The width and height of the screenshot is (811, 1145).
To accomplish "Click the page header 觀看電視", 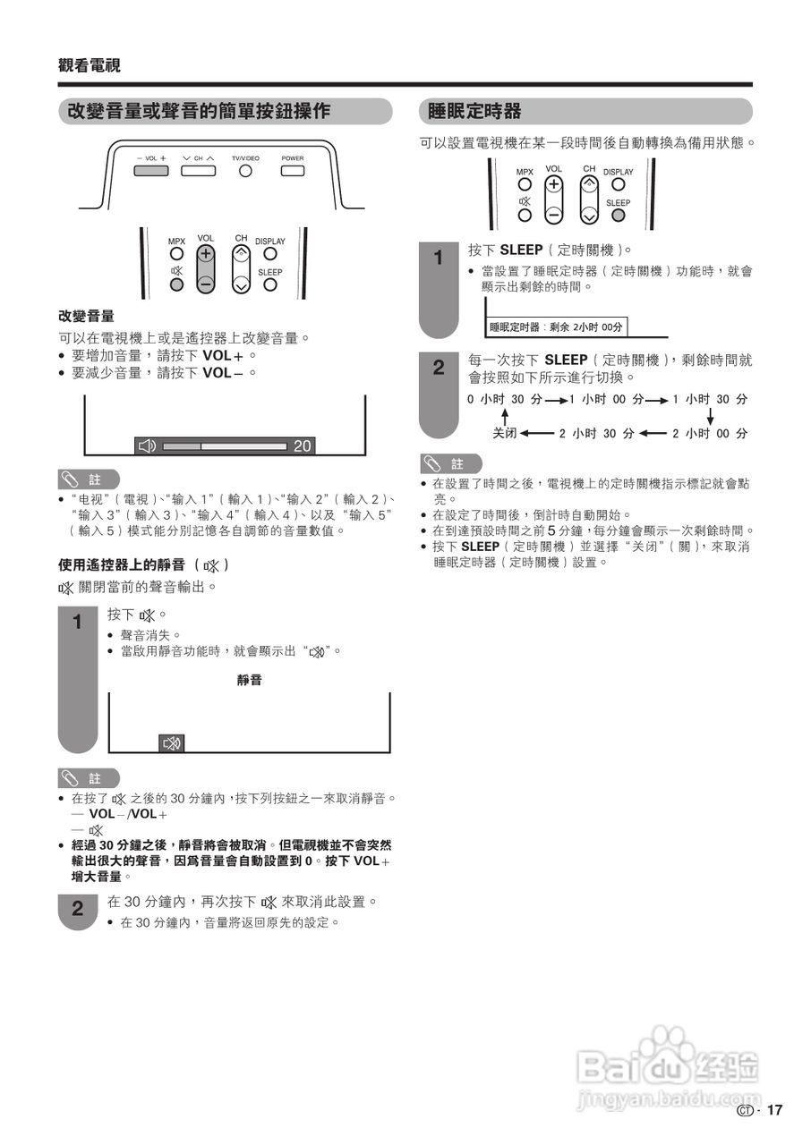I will click(x=90, y=65).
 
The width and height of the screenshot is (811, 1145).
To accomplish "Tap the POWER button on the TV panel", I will click(x=293, y=170).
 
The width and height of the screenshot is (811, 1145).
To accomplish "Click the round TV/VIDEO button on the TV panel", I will click(x=244, y=170).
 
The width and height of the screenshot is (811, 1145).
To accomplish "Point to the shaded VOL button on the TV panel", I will click(x=151, y=170).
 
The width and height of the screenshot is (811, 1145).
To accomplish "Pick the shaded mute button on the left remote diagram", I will click(x=176, y=285).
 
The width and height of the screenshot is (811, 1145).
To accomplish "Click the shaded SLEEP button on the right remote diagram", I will click(x=619, y=215).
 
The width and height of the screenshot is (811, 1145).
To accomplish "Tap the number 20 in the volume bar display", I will click(x=303, y=445).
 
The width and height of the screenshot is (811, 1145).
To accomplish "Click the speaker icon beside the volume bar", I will click(x=148, y=445).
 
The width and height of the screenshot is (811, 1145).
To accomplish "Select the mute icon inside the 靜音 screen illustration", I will click(x=171, y=742).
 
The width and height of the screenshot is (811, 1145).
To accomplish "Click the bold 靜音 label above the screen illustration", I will click(x=250, y=681).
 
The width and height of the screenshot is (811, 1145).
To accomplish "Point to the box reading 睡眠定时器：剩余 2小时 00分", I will click(x=556, y=327).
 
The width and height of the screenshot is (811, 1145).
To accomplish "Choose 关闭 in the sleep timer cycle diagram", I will click(x=505, y=433).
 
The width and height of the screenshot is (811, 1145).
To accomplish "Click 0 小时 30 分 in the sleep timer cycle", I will click(x=504, y=399).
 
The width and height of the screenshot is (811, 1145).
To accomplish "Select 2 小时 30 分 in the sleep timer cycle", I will click(x=596, y=433).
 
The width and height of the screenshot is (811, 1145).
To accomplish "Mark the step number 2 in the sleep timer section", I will click(x=439, y=368).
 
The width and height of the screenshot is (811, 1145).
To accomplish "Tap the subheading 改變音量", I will click(x=86, y=317).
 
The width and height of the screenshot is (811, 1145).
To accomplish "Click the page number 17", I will click(x=774, y=1110).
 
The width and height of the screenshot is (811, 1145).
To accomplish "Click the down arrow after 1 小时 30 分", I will click(x=710, y=416).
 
